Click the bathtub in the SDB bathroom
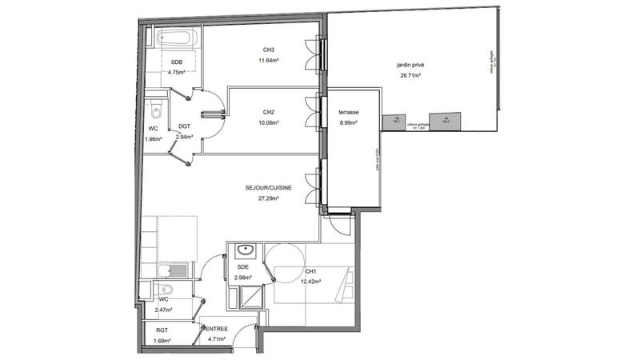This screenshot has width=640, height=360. [x=174, y=37]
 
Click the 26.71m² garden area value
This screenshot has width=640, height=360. [x=410, y=76]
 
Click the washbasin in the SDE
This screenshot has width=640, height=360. [x=245, y=250]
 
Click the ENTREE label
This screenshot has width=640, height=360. [x=216, y=329]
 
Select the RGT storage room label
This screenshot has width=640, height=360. [x=162, y=329]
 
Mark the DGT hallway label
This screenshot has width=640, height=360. [x=184, y=126]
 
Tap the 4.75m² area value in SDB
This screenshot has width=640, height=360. [x=176, y=72]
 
